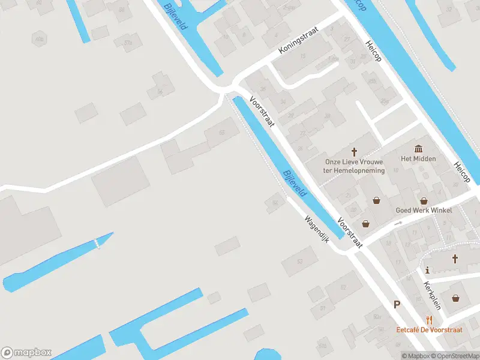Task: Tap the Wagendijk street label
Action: pos(317,228)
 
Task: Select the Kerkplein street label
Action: pos(432,295)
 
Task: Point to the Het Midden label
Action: pos(418,159)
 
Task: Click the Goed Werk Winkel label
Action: pos(424,211)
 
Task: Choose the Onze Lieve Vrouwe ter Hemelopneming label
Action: pos(353,166)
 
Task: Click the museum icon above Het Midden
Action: pos(418,148)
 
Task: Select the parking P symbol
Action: pos(397,304)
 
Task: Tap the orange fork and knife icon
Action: pos(428,320)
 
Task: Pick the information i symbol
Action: pos(427,269)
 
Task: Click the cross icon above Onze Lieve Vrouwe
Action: pos(354,152)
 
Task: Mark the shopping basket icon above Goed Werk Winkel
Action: pos(424,201)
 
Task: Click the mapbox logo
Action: pos(26,353)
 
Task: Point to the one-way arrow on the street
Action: pos(398,223)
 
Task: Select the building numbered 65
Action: pos(222,133)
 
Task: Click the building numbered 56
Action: pos(160,91)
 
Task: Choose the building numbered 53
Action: pos(300,261)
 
